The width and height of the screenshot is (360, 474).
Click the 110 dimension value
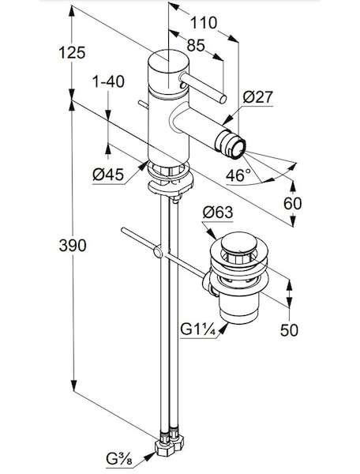pos(203,23)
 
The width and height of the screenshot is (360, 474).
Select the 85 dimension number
pos(196,45)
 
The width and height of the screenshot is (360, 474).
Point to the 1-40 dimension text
pos(108,81)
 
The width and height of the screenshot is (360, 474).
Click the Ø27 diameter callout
pos(258,97)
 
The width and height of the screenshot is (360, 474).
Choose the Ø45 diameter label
pos(108,175)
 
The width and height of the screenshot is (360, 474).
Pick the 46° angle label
pos(238,175)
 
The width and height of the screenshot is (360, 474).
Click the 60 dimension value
pos(292,204)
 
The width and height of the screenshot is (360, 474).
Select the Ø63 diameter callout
pos(218,213)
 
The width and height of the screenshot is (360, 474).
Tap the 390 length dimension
pos(73,245)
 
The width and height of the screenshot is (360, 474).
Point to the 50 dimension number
pos(289,329)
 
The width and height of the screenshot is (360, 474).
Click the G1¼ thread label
pos(198,329)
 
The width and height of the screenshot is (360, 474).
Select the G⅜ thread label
pos(119,460)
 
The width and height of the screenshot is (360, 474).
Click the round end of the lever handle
pos(223,100)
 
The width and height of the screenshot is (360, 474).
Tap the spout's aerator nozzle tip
pos(238,149)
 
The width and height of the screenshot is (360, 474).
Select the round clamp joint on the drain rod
pos(158,252)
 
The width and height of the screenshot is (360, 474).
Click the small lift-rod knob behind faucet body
pos(143,103)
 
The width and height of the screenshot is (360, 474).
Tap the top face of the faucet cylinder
pos(168,60)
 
